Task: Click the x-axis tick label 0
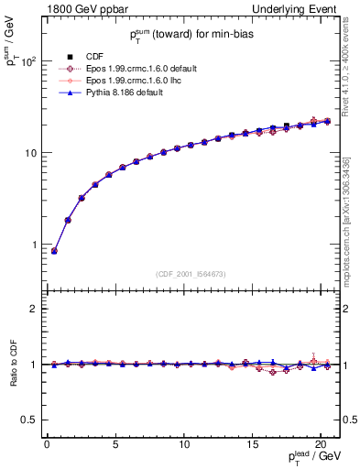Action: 47,444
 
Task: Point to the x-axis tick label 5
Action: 115,444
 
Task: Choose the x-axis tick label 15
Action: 252,444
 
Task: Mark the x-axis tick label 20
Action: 320,444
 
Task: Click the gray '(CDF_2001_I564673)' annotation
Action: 191,273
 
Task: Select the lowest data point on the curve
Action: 54,251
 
